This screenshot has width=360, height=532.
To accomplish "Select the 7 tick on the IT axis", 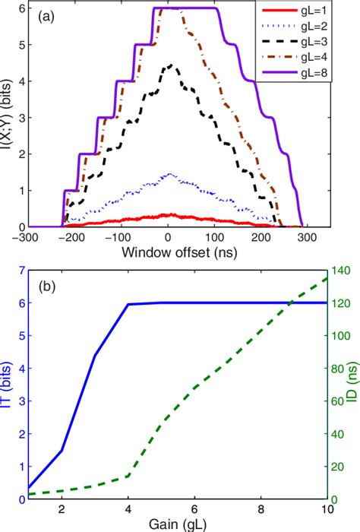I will point(18,270).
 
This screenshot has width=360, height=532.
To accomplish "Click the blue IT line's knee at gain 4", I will point(128,304).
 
